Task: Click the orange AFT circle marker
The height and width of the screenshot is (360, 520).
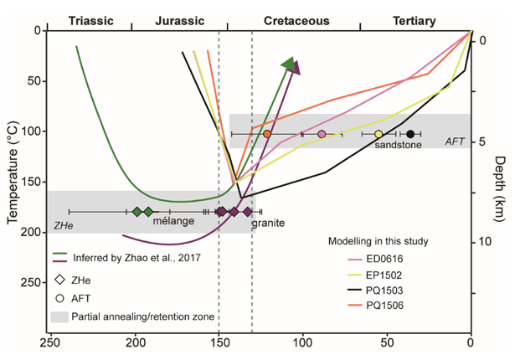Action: click(267, 134)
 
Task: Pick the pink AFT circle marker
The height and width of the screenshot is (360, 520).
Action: click(322, 134)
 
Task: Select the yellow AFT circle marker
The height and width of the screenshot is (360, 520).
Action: click(378, 134)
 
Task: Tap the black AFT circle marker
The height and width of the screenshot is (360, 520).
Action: click(410, 134)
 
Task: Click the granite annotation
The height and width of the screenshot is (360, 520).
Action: click(270, 224)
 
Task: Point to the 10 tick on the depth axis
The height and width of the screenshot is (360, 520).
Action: click(483, 243)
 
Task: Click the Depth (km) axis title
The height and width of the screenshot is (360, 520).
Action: click(501, 188)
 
